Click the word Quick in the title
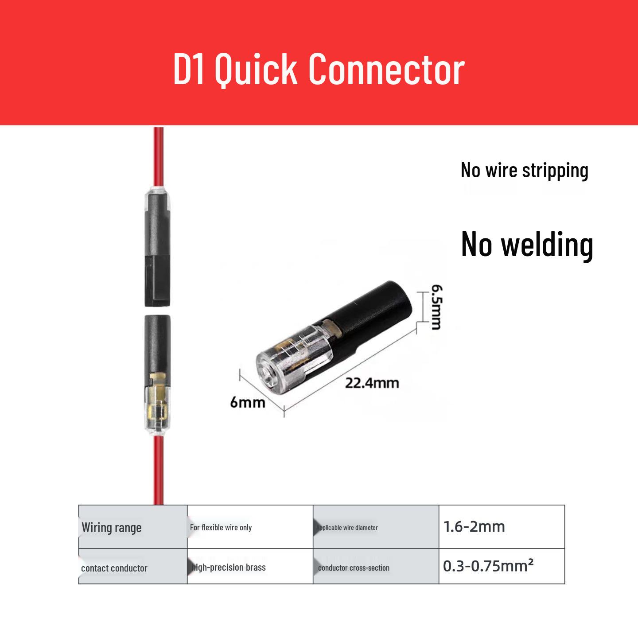256,70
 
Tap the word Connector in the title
386,70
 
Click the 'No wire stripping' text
525,171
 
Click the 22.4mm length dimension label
372,383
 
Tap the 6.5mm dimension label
436,307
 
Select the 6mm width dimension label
248,403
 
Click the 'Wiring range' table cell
133,527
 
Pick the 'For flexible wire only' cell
250,527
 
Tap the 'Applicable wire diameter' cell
376,527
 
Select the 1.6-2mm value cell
502,527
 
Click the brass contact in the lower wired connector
157,397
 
